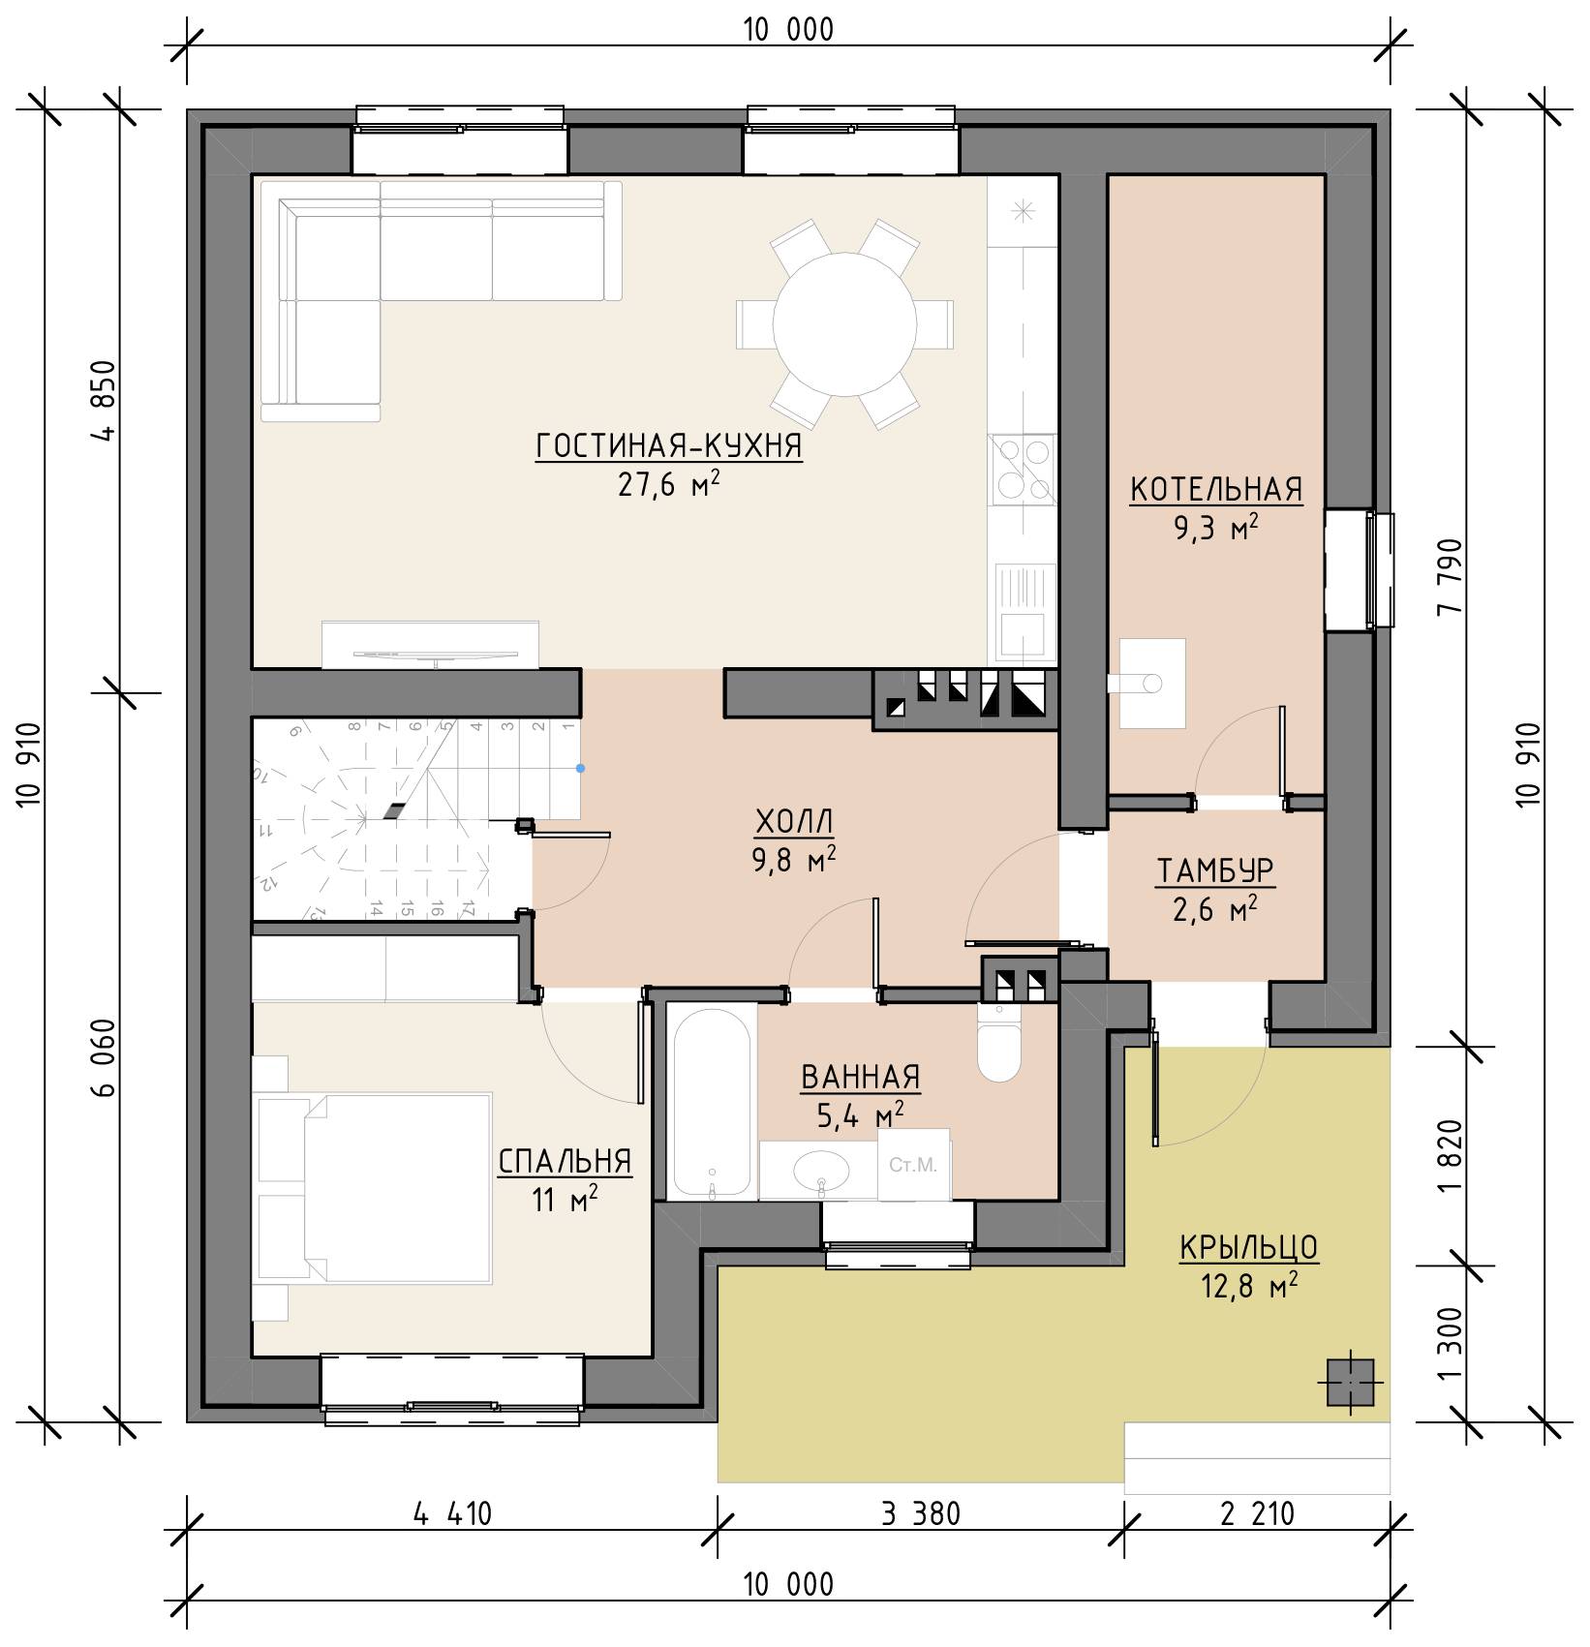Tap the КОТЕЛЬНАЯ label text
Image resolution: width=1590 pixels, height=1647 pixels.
click(1216, 490)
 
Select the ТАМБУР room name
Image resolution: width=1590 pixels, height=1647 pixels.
click(1215, 871)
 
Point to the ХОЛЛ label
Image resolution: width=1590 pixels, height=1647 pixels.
click(794, 822)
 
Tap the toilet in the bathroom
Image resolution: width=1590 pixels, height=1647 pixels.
click(999, 1042)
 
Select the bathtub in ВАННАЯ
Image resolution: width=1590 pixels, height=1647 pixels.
click(712, 1101)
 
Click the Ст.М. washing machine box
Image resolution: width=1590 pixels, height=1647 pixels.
click(913, 1165)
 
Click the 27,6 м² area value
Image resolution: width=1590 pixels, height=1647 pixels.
click(669, 483)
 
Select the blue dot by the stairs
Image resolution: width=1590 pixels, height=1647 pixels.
click(580, 769)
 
